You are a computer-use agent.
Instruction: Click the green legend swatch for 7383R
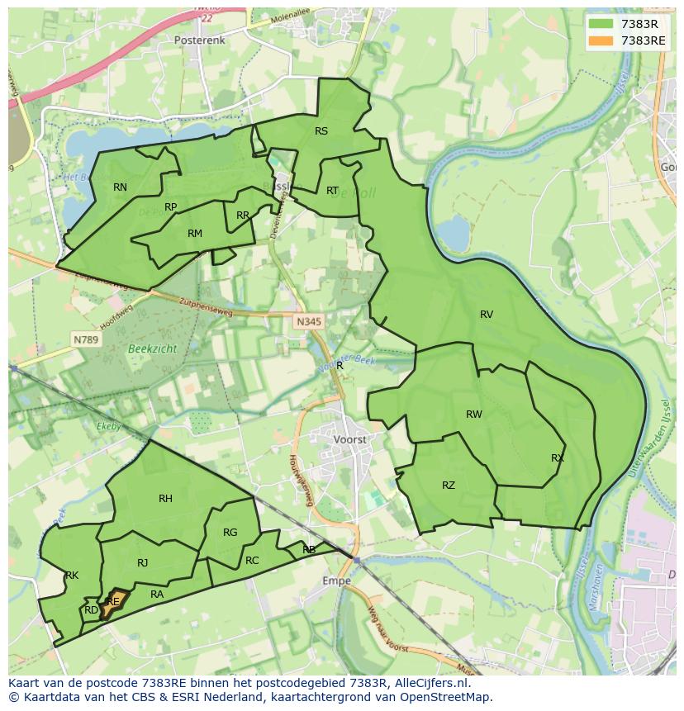[x=601, y=23]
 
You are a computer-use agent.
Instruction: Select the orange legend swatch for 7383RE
[x=601, y=40]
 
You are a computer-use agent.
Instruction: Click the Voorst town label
[x=350, y=440]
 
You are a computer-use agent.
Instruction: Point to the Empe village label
[x=336, y=581]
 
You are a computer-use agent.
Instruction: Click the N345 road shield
[x=308, y=321]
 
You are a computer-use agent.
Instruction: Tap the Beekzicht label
[x=152, y=349]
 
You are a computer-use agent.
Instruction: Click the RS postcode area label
[x=321, y=131]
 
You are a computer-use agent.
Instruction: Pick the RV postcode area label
[x=487, y=315]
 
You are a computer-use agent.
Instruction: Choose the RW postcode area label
[x=473, y=415]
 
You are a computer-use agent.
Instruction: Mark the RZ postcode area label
[x=449, y=486]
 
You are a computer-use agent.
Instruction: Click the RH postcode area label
[x=165, y=498]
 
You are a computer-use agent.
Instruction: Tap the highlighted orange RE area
[x=112, y=604]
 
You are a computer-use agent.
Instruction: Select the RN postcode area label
[x=121, y=187]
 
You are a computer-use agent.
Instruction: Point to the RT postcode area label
[x=332, y=191]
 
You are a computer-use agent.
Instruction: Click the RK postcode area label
[x=72, y=576]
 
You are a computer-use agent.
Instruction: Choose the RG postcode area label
[x=230, y=533]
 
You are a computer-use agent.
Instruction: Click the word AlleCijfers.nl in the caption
[x=432, y=683]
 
